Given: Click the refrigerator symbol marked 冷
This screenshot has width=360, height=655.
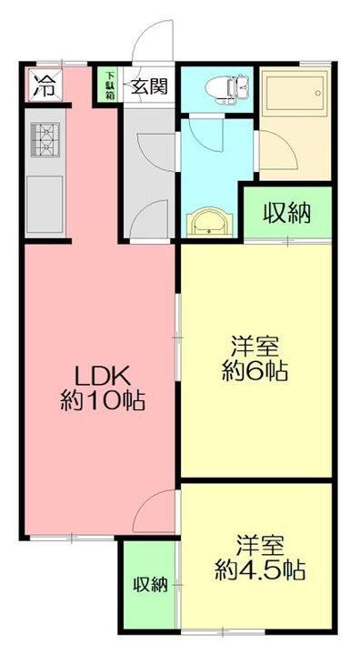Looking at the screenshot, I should pyautogui.click(x=43, y=86).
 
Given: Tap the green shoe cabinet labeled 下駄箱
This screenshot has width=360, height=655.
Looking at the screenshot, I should pyautogui.click(x=109, y=85).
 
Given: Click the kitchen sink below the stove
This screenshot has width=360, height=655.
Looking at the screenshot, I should pyautogui.click(x=45, y=202).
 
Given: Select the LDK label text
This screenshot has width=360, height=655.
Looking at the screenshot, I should pyautogui.click(x=104, y=376).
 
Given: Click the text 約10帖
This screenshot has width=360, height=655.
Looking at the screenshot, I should pyautogui.click(x=104, y=400).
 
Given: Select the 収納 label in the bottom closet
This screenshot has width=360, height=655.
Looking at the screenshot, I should pyautogui.click(x=151, y=585).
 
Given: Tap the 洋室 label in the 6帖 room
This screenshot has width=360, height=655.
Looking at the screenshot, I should pyautogui.click(x=254, y=347).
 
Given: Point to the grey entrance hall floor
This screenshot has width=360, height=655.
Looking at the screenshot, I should pyautogui.click(x=148, y=173).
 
